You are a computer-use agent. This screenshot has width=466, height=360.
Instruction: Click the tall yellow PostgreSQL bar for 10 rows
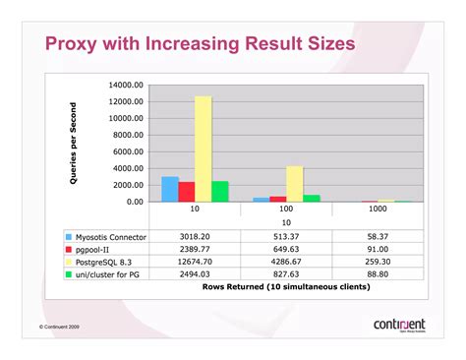[204, 148]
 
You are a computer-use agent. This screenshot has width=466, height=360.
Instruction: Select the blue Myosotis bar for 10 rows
[170, 189]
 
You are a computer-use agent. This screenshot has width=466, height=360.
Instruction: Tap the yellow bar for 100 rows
[294, 183]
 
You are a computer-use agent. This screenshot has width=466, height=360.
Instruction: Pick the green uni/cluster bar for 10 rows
[220, 191]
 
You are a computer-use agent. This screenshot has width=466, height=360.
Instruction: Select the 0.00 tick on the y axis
[136, 202]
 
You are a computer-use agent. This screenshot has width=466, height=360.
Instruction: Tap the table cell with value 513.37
[286, 237]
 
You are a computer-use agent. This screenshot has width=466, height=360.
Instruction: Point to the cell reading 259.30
[376, 263]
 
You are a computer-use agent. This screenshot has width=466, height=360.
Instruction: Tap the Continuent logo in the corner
[399, 325]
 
